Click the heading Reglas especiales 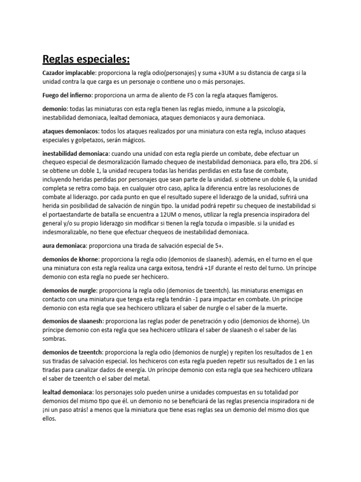(x=86, y=59)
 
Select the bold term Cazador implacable (x=69, y=73)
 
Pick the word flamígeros (x=261, y=95)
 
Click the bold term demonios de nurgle (x=69, y=290)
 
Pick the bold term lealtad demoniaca (x=66, y=392)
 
